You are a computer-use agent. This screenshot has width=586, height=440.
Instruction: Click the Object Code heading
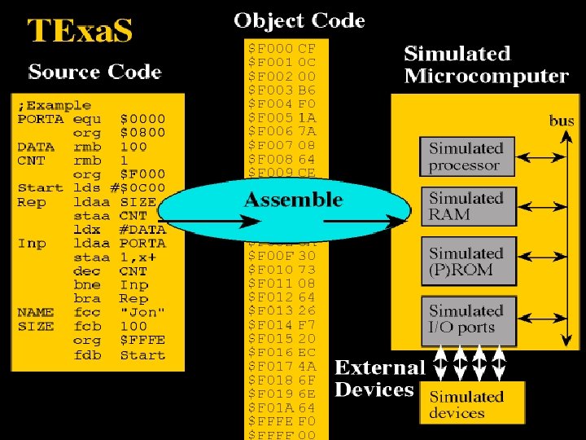299,20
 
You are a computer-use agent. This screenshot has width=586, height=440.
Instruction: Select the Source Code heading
95,72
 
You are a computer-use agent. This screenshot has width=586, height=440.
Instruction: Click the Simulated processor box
466,157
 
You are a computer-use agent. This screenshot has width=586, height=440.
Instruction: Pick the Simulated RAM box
466,207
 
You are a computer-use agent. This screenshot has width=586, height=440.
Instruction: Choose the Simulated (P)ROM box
466,262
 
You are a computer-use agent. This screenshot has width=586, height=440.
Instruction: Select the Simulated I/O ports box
466,319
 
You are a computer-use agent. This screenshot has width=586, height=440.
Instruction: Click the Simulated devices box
466,405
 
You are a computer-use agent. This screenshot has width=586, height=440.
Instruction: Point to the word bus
562,121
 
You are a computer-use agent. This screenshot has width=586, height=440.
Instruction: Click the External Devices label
379,379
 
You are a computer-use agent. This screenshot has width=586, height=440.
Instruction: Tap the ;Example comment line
55,105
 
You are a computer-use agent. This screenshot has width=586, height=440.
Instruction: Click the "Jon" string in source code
142,312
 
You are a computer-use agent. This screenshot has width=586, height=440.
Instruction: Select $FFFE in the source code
142,341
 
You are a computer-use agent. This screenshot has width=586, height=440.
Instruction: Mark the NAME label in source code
36,312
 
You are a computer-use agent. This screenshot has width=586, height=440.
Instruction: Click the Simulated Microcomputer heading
486,65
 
